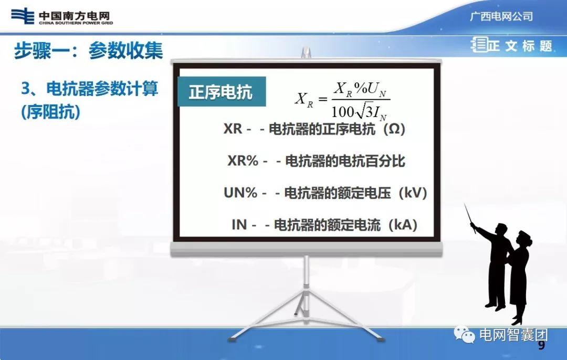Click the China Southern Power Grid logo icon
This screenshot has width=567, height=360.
(23, 16)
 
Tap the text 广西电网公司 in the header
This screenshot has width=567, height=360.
(501, 16)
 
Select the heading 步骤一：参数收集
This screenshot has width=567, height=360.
(88, 51)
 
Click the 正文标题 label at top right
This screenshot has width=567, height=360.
(520, 46)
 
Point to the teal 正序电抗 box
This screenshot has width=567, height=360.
(221, 92)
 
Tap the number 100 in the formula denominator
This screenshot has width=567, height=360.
(343, 112)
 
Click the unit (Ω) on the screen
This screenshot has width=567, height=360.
(395, 129)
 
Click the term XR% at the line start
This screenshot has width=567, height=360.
(243, 161)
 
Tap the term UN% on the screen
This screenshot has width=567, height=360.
(240, 193)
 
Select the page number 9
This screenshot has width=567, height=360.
(541, 346)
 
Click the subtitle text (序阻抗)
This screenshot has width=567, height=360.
(51, 112)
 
